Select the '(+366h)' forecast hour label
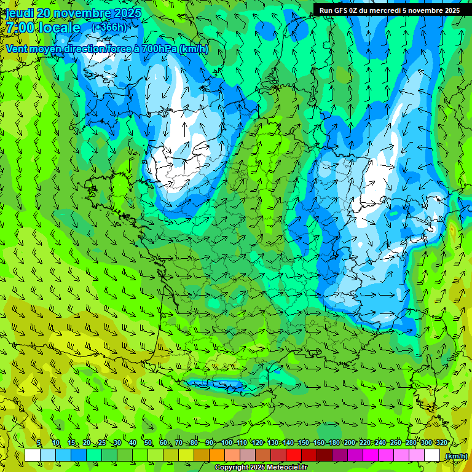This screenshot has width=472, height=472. [x=109, y=27]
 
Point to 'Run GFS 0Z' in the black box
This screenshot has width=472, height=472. [x=337, y=10]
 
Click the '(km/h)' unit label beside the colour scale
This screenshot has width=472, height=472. [x=456, y=456]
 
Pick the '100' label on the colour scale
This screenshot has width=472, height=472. [x=227, y=443]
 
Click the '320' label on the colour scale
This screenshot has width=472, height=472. [x=441, y=443]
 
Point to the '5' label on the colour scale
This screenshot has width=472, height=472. [x=39, y=443]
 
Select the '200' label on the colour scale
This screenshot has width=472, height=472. [x=349, y=443]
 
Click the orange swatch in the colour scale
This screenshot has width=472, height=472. [x=217, y=455]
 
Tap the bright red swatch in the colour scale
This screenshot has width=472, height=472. [x=294, y=455]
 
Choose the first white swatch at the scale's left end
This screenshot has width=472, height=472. [x=33, y=455]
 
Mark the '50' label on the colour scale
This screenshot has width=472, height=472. [x=147, y=443]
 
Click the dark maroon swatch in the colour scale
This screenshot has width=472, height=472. [x=324, y=455]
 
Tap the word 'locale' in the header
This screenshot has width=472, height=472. [x=60, y=28]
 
